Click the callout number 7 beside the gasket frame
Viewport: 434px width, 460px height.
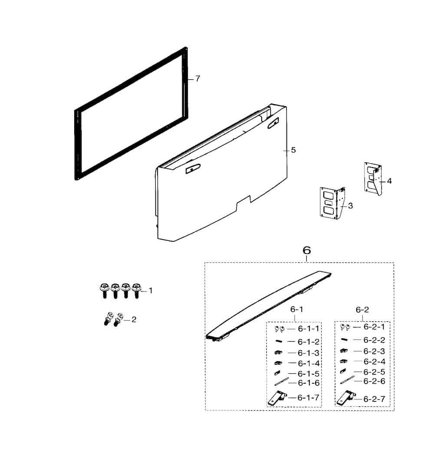[x=197, y=79]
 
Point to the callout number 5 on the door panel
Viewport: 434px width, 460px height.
[x=293, y=150]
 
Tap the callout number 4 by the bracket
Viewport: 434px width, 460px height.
[x=389, y=181]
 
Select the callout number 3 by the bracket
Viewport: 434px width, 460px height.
[x=350, y=206]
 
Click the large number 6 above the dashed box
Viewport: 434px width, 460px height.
[x=307, y=250]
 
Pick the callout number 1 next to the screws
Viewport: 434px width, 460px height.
[x=151, y=291]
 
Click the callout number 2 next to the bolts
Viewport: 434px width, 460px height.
[x=134, y=320]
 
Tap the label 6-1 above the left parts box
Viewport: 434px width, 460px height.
[x=296, y=309]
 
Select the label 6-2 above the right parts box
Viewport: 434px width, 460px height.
[x=362, y=310]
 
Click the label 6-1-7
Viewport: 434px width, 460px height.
[x=308, y=398]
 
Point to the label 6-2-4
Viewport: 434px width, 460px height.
[x=374, y=361]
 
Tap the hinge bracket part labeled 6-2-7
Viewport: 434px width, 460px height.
[x=346, y=398]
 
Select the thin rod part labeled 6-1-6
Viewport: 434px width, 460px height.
[x=281, y=382]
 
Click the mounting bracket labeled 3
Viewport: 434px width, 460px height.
[x=332, y=203]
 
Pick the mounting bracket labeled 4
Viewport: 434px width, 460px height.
[x=373, y=178]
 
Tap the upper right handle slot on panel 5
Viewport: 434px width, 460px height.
[x=273, y=123]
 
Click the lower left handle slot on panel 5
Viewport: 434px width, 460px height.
[x=193, y=168]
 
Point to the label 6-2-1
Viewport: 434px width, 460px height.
[x=374, y=327]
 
